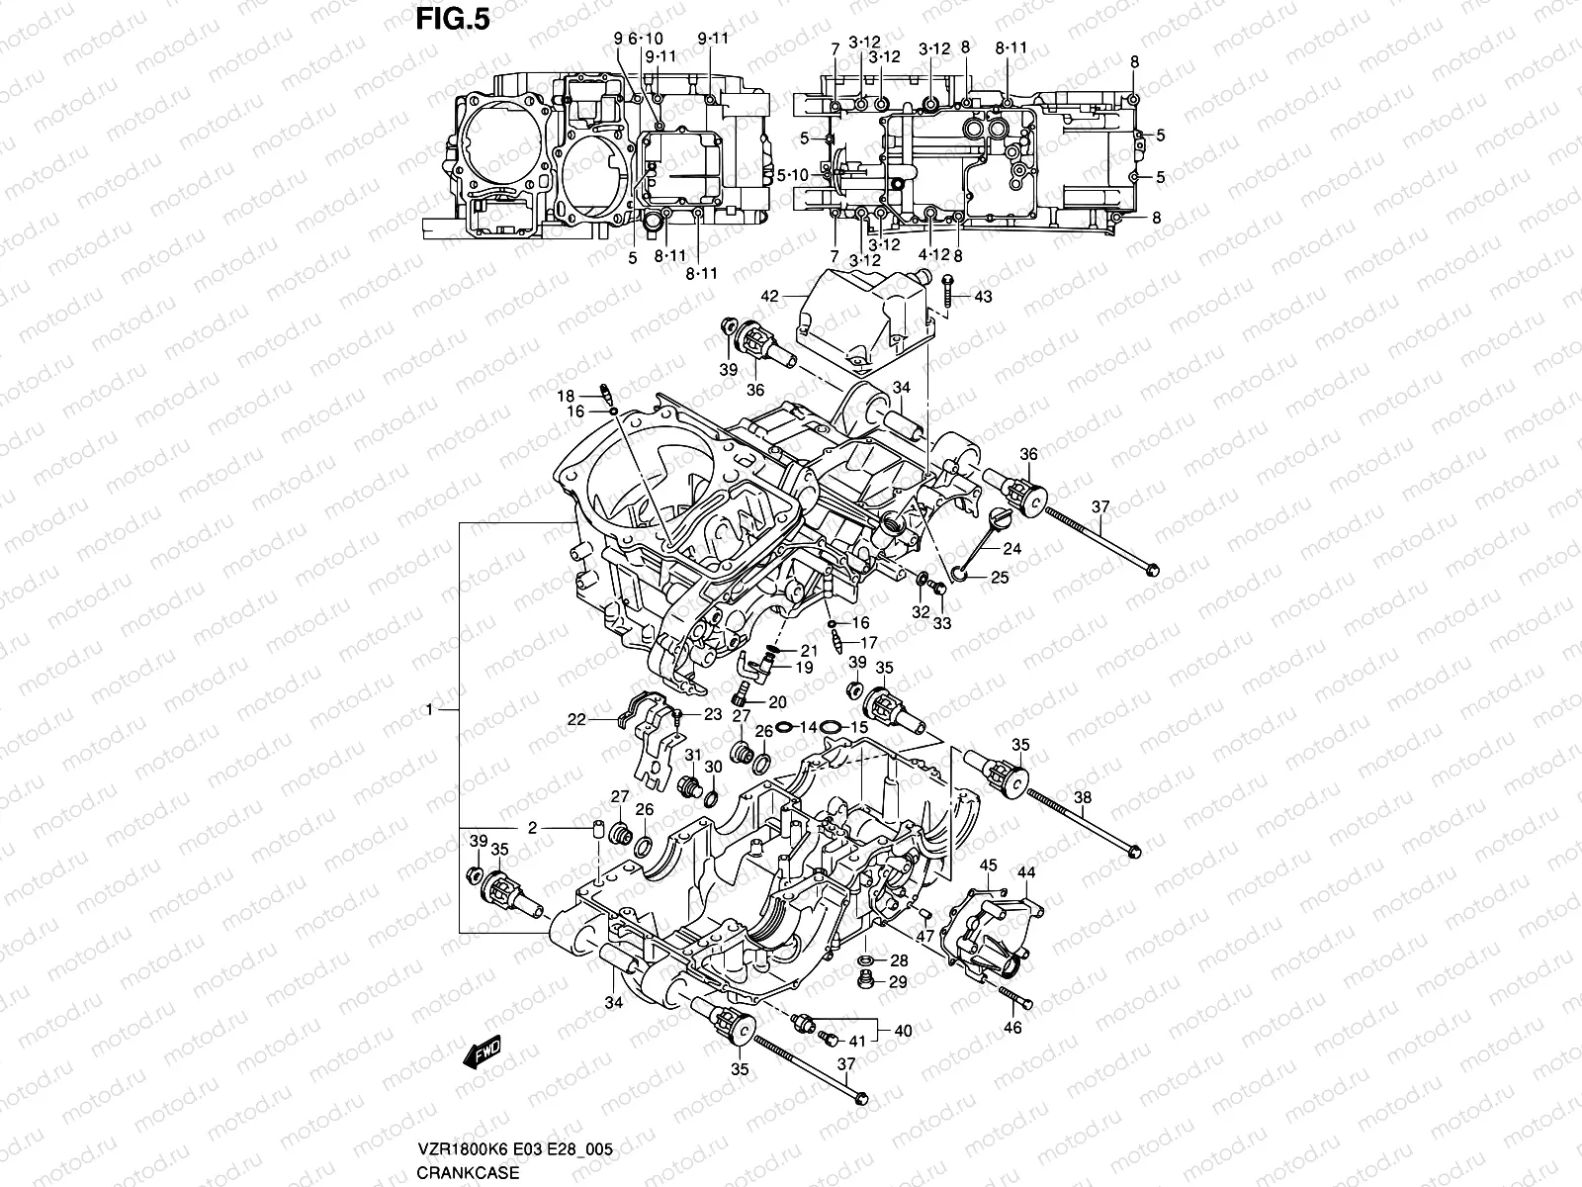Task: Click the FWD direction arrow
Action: tap(483, 1051)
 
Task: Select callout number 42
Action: tap(770, 296)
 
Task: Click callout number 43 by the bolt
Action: tap(982, 297)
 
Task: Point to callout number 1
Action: tap(429, 709)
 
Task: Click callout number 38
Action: tap(1082, 797)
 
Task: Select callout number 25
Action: tap(1000, 578)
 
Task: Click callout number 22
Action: tap(575, 719)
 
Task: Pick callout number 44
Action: tap(1026, 871)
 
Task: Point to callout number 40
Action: tap(903, 1031)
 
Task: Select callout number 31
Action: tap(692, 755)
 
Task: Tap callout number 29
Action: tap(898, 981)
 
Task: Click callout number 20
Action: tap(777, 702)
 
